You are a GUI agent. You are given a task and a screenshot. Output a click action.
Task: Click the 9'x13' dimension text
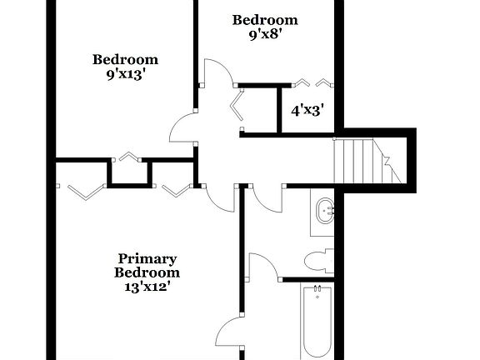[x=125, y=73]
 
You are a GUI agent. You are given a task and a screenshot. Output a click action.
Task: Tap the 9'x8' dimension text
[x=264, y=34]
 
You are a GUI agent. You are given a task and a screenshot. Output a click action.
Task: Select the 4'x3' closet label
[x=307, y=109]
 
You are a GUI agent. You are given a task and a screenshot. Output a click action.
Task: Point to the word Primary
[x=147, y=258]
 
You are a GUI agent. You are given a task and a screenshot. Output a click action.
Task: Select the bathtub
[x=317, y=321]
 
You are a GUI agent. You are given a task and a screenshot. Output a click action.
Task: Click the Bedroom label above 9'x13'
[x=125, y=59]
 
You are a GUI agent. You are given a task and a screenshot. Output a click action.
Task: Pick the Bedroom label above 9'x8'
[x=264, y=20]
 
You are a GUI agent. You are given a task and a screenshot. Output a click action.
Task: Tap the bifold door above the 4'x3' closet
[x=313, y=82]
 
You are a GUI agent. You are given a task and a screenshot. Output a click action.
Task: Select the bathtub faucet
[x=317, y=292]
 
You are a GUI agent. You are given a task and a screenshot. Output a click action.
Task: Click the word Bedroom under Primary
[x=147, y=272]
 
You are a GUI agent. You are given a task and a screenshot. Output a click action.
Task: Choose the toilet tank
[x=331, y=262]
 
